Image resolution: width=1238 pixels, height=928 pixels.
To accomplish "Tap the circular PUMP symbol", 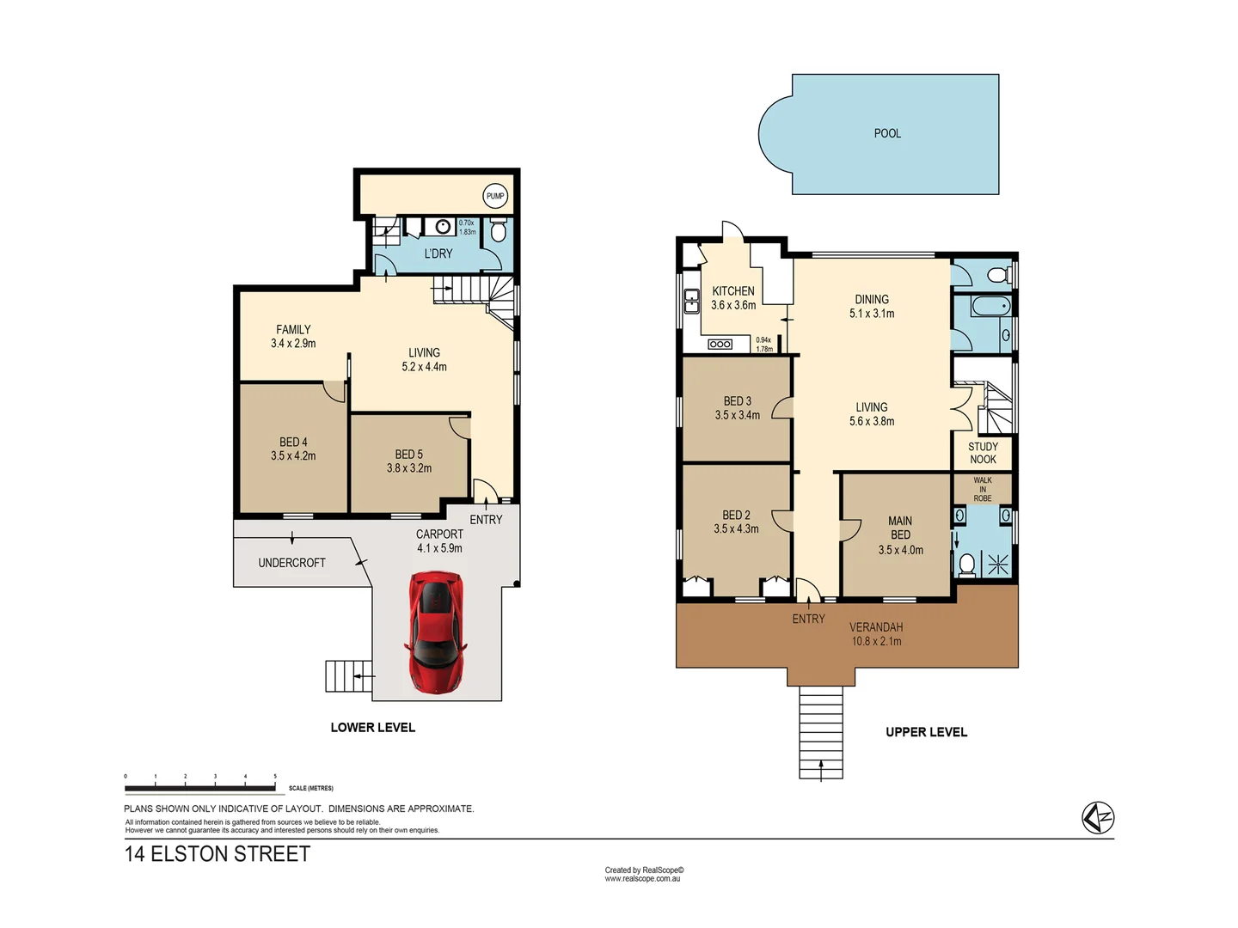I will tap(495, 196).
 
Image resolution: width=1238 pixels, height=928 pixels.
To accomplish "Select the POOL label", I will tap(887, 133).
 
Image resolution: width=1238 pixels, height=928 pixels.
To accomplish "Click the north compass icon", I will tap(1098, 817).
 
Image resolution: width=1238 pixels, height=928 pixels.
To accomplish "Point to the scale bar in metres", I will tap(200, 787).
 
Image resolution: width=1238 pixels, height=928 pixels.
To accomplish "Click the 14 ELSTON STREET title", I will tap(218, 854).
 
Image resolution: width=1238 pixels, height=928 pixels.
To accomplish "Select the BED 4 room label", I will tap(293, 442).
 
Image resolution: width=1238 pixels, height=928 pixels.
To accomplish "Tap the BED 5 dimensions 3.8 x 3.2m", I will tap(409, 468).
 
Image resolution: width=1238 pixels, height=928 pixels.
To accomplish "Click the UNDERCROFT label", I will tap(291, 563).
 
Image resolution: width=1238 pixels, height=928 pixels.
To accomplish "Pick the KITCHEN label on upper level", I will tap(733, 291).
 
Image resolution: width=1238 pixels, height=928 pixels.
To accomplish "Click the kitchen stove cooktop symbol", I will tap(720, 345).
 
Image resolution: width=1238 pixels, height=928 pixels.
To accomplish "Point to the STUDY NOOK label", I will tap(983, 453).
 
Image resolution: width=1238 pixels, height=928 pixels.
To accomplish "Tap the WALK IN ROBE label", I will tap(983, 489).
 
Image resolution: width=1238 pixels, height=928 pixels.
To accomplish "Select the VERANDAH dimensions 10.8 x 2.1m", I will tap(876, 641).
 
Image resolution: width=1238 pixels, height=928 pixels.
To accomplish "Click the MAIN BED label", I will tap(900, 528).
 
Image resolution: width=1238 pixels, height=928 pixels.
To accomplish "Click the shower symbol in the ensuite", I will tap(997, 565).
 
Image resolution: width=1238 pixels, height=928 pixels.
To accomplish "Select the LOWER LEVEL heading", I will tap(372, 727).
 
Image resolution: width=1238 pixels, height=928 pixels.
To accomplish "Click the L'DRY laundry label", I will tap(438, 253).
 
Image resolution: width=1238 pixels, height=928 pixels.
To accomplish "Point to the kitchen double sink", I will tap(690, 301).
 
